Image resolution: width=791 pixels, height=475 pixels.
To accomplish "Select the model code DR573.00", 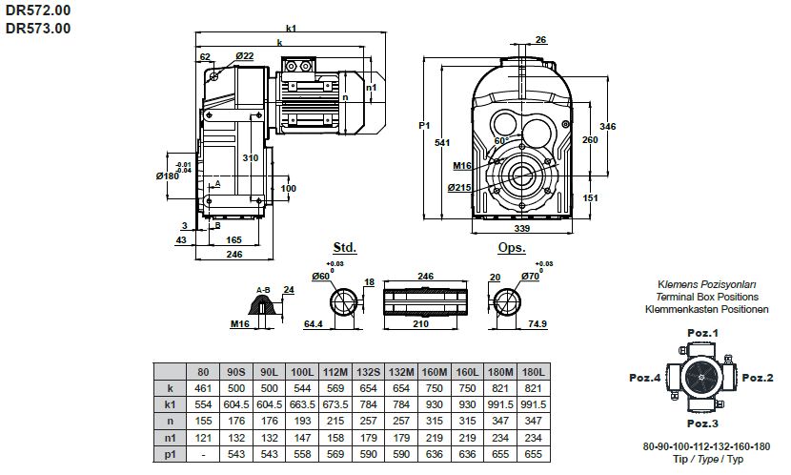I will pyautogui.click(x=38, y=28).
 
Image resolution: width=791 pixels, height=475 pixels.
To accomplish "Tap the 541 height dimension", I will pyautogui.click(x=440, y=144).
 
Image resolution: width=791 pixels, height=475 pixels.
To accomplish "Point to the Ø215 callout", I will pyautogui.click(x=460, y=188).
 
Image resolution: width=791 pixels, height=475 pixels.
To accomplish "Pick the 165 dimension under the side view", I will pyautogui.click(x=233, y=239).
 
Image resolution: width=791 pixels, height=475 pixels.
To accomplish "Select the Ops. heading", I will pyautogui.click(x=512, y=247).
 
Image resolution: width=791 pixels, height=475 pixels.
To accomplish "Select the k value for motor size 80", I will pyautogui.click(x=202, y=388).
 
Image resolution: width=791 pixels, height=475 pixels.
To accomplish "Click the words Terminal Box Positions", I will pyautogui.click(x=701, y=297).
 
